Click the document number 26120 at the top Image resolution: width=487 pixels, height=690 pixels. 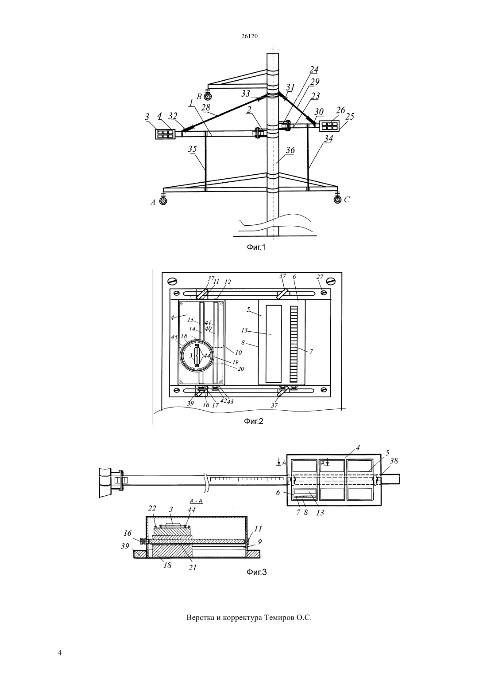[x=249, y=36]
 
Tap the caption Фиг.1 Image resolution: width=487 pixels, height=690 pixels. [x=256, y=247]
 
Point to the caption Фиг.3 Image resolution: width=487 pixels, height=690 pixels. [x=256, y=572]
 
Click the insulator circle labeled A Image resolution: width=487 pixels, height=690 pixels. [x=163, y=201]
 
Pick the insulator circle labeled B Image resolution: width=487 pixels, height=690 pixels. [x=208, y=96]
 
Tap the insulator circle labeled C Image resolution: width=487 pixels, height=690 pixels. [x=337, y=200]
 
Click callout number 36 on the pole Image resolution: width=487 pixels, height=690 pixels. [x=290, y=150]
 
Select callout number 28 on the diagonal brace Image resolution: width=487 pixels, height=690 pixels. [x=205, y=107]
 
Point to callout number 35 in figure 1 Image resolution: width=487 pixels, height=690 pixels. [x=193, y=149]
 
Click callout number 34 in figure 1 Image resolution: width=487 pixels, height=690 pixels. [x=329, y=139]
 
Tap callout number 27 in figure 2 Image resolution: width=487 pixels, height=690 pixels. [x=320, y=277]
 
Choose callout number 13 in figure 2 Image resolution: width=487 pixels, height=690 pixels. [x=244, y=330]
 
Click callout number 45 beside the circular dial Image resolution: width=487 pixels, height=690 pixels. [x=174, y=337]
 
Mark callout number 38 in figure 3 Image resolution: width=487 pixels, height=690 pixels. [x=394, y=461]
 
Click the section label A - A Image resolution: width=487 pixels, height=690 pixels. [x=196, y=501]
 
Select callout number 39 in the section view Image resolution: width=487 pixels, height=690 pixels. [x=125, y=546]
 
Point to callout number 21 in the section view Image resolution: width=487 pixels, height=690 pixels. [x=193, y=568]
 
